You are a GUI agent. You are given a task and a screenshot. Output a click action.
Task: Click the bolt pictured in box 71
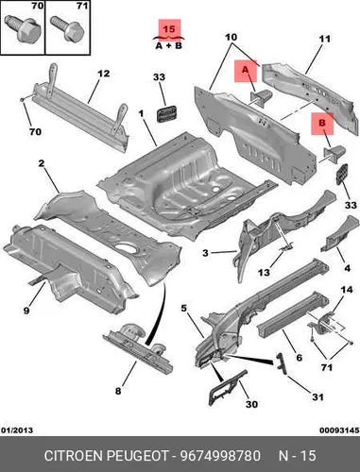click(67, 28)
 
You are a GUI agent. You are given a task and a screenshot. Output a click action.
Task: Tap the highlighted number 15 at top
click(169, 29)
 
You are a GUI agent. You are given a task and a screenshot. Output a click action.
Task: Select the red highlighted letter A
click(246, 70)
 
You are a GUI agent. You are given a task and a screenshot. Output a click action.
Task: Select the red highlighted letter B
click(322, 123)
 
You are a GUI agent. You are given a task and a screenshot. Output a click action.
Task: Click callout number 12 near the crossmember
click(103, 74)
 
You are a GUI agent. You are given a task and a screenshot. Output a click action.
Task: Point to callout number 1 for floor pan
click(141, 113)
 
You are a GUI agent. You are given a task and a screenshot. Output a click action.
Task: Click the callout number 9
click(26, 311)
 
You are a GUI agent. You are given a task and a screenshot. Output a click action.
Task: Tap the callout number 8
click(118, 391)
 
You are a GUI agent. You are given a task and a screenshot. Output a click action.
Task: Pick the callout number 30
click(251, 404)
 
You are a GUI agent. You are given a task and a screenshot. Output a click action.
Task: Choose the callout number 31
click(317, 397)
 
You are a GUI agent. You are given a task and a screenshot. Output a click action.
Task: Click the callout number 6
click(299, 358)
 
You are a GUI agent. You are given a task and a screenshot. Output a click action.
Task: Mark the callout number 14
click(347, 290)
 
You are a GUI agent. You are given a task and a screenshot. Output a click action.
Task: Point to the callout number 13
click(264, 272)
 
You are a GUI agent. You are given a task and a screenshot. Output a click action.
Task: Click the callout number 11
click(324, 39)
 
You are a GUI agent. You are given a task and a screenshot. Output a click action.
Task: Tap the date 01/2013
click(17, 430)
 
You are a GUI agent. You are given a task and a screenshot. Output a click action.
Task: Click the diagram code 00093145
click(339, 430)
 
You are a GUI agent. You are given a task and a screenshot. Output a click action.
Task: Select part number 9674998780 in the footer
click(220, 456)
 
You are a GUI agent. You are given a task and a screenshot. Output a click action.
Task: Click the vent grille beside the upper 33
click(166, 113)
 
